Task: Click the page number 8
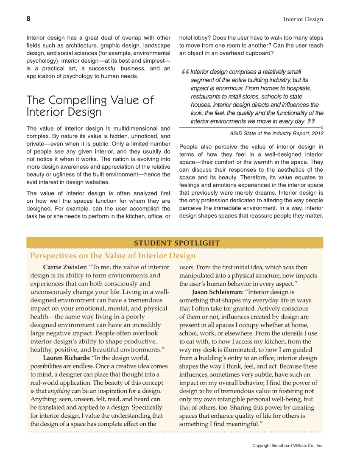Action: [28, 19]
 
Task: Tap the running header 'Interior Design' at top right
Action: [303, 20]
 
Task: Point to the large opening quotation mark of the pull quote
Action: [184, 73]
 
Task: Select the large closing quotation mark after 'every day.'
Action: [311, 122]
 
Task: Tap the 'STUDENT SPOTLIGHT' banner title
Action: [177, 243]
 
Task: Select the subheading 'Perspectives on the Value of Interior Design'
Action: [113, 256]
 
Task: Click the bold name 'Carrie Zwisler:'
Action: [65, 267]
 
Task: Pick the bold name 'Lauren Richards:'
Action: [66, 358]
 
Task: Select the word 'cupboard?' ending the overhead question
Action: [260, 53]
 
